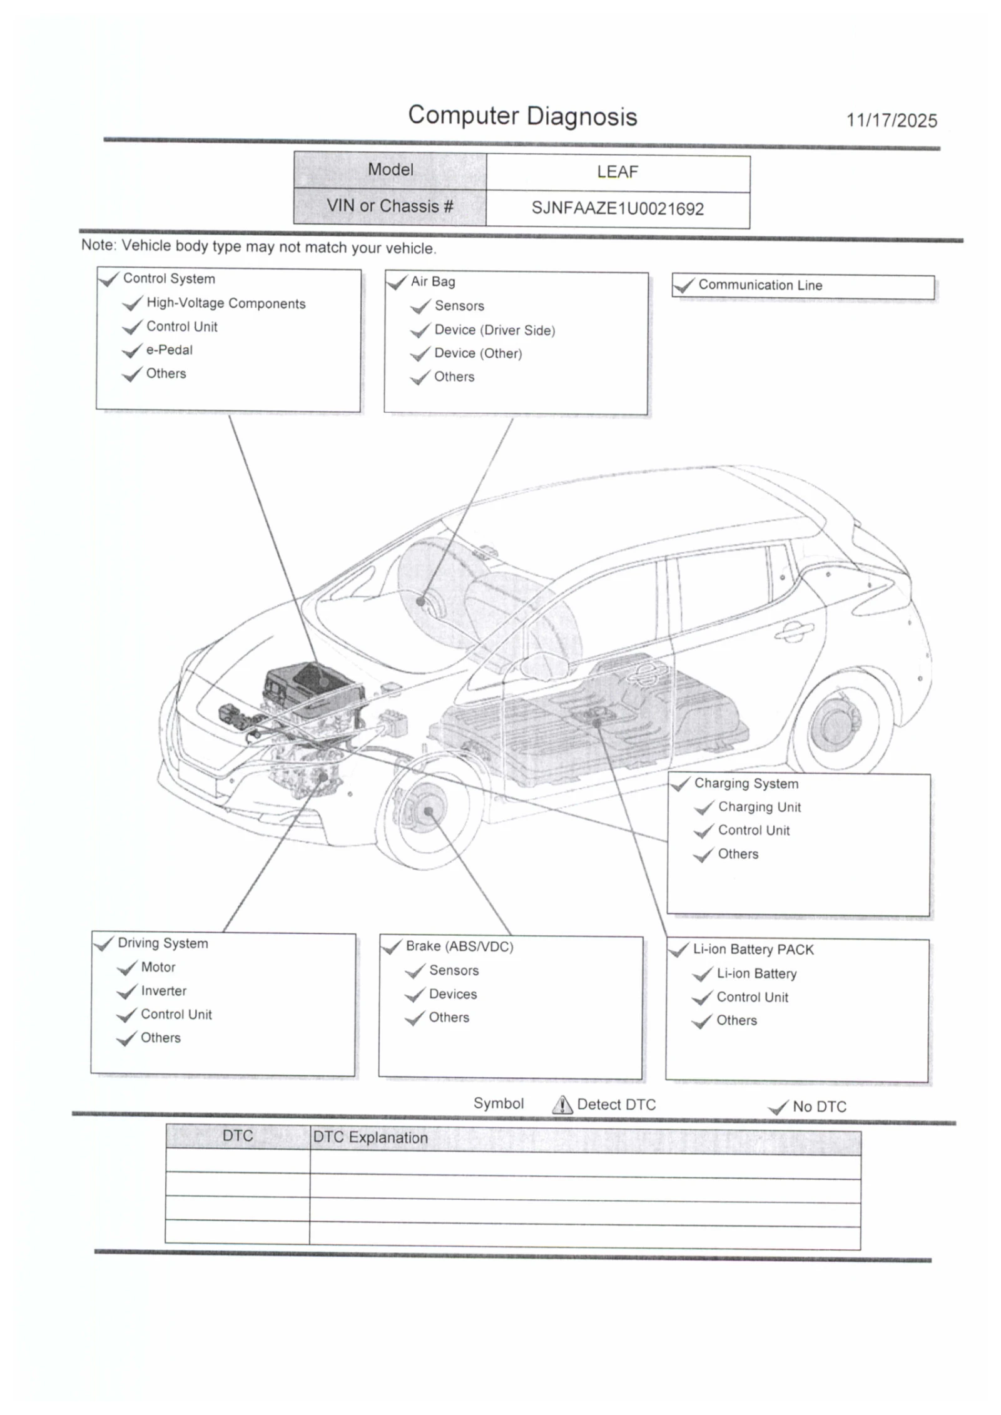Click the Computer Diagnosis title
click(522, 116)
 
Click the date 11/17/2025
click(891, 121)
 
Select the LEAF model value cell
click(617, 172)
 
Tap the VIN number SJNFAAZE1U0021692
click(617, 208)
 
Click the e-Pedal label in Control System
click(169, 350)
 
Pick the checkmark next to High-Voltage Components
click(132, 304)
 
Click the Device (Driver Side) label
click(494, 330)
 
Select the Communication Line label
click(760, 285)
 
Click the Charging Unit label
click(759, 807)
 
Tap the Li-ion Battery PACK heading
click(753, 950)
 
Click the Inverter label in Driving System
click(163, 991)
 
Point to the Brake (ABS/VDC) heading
click(459, 946)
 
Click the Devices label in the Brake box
click(452, 994)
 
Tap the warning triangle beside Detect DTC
click(562, 1105)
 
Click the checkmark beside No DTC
click(778, 1108)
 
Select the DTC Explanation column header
click(370, 1138)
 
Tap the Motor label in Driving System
click(158, 967)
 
